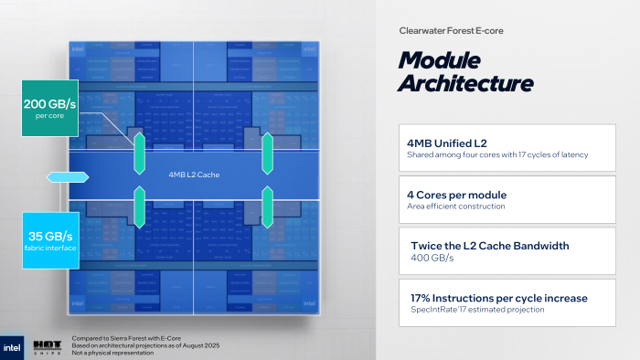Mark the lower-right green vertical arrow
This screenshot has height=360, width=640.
(268, 206)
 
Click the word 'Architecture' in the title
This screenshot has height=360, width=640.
(466, 84)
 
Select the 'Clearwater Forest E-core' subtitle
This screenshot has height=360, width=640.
(451, 30)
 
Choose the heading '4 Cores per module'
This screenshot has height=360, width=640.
(456, 195)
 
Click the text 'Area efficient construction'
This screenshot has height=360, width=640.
(455, 206)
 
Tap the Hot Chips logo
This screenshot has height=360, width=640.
(48, 346)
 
